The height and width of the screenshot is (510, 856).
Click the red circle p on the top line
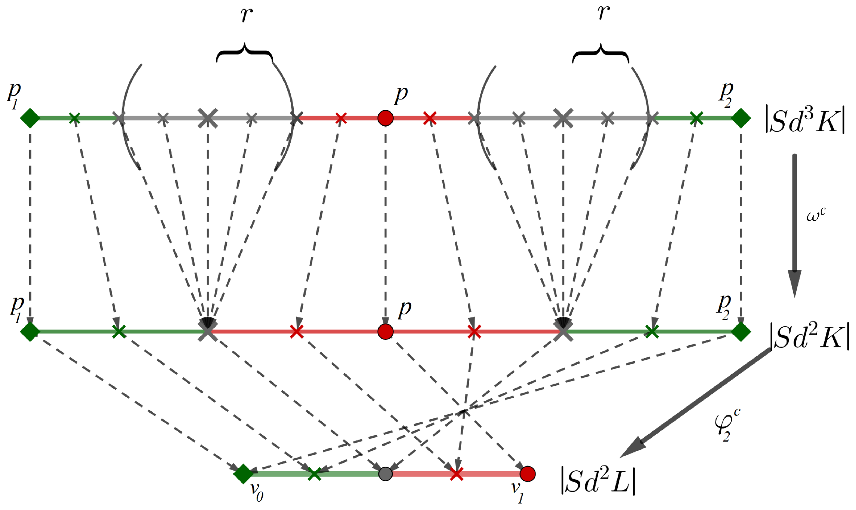click(385, 118)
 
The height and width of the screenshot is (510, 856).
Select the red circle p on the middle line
click(385, 332)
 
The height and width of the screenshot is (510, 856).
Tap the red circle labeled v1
click(527, 474)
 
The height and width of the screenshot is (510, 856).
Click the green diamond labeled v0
click(243, 474)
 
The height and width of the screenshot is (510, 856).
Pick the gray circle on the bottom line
click(385, 474)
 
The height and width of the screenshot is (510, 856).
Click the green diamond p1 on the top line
click(30, 118)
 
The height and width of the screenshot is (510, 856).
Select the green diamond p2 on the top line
click(741, 118)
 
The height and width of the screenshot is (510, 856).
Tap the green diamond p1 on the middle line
click(30, 332)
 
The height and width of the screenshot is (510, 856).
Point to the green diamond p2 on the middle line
click(741, 332)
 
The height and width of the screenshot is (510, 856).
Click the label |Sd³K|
click(805, 120)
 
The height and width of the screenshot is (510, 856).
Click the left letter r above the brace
click(246, 15)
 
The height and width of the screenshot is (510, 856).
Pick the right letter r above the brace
click(603, 13)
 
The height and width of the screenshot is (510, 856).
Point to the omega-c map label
click(815, 215)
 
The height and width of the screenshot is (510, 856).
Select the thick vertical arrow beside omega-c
click(794, 224)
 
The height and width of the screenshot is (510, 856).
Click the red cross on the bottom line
click(456, 474)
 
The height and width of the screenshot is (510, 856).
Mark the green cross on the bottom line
click(314, 474)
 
